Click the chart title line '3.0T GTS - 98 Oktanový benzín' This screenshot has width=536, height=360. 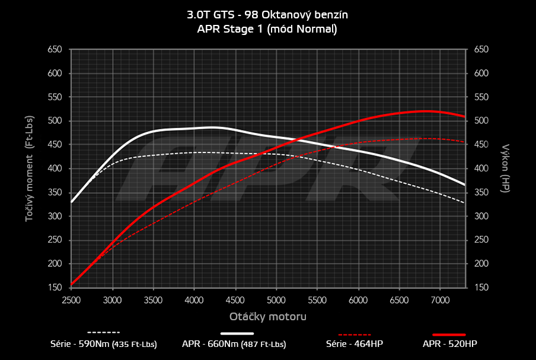pyautogui.click(x=267, y=14)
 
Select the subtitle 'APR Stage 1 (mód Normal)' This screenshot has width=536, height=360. pyautogui.click(x=267, y=28)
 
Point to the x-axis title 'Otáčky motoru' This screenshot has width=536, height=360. pyautogui.click(x=268, y=317)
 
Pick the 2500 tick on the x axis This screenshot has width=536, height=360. pyautogui.click(x=71, y=300)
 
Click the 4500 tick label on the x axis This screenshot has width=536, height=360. pyautogui.click(x=235, y=300)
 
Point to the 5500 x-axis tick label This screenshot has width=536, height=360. pyautogui.click(x=317, y=300)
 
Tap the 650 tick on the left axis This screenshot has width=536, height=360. pyautogui.click(x=55, y=50)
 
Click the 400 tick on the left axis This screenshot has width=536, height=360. pyautogui.click(x=55, y=169)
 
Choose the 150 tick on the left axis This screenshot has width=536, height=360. pyautogui.click(x=55, y=288)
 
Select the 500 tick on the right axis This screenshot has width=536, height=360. pyautogui.click(x=481, y=121)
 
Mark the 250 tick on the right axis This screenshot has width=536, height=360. pyautogui.click(x=481, y=240)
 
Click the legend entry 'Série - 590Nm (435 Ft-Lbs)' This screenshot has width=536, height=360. pyautogui.click(x=104, y=343)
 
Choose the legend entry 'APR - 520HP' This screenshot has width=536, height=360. pyautogui.click(x=449, y=343)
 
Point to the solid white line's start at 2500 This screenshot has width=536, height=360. pyautogui.click(x=71, y=202)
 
